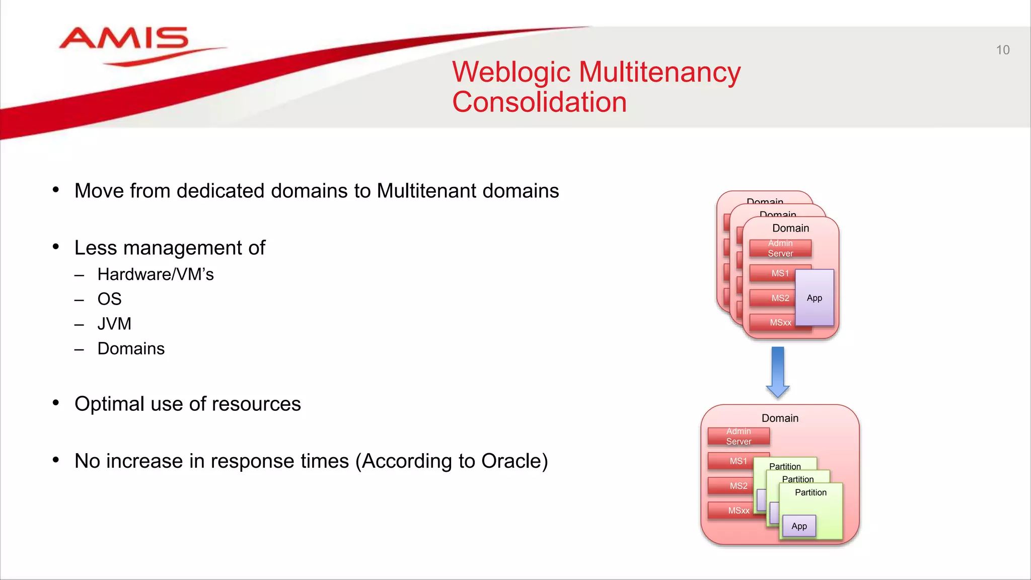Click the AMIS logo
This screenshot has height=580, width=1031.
tap(124, 40)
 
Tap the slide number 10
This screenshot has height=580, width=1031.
tap(1002, 50)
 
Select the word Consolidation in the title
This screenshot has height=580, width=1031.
tap(539, 102)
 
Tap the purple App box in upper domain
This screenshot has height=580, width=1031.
tap(814, 298)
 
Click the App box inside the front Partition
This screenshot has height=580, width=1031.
tap(799, 526)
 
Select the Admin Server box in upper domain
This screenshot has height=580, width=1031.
tap(780, 248)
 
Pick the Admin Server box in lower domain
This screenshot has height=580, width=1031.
tap(739, 437)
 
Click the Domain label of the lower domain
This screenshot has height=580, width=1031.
tap(780, 418)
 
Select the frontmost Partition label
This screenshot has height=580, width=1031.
tap(811, 492)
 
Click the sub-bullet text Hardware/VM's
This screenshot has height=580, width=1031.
tap(156, 274)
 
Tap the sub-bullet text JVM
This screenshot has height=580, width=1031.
tap(114, 324)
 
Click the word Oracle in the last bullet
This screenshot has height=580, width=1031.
tap(511, 461)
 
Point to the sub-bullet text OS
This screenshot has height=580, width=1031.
tap(109, 299)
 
